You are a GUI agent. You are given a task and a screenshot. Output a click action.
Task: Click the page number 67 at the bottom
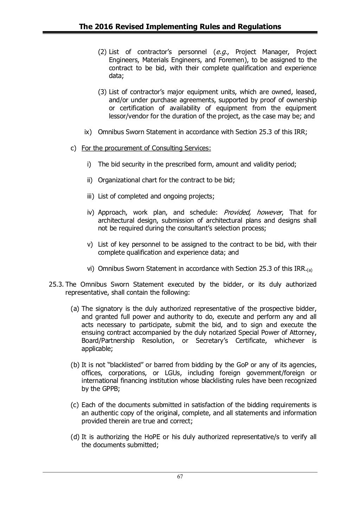click(180, 477)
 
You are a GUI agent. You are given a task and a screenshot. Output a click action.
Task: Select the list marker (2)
click(102, 52)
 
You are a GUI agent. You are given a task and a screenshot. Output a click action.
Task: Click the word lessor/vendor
click(127, 116)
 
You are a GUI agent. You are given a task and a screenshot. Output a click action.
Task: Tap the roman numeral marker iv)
click(91, 213)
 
